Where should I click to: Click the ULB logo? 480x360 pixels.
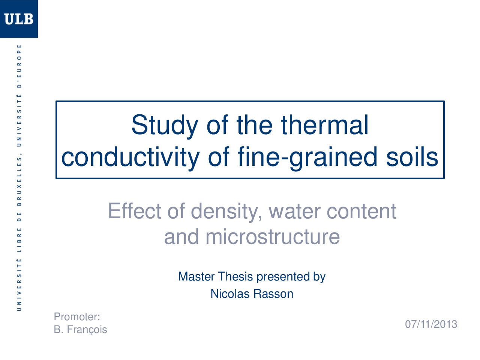(19, 19)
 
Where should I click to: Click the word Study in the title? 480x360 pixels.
(165, 125)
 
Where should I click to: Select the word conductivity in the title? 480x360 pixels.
(130, 157)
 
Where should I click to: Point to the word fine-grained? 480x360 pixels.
(307, 157)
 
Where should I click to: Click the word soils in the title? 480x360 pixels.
(412, 157)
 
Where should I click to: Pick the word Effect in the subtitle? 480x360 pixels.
(135, 211)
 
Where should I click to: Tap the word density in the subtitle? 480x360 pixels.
(226, 212)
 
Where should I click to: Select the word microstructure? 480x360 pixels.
(273, 237)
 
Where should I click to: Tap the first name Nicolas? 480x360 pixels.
(230, 294)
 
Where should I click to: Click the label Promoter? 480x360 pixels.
(77, 317)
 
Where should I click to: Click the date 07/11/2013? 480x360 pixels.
(431, 324)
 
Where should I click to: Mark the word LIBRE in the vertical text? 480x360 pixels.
(19, 240)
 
